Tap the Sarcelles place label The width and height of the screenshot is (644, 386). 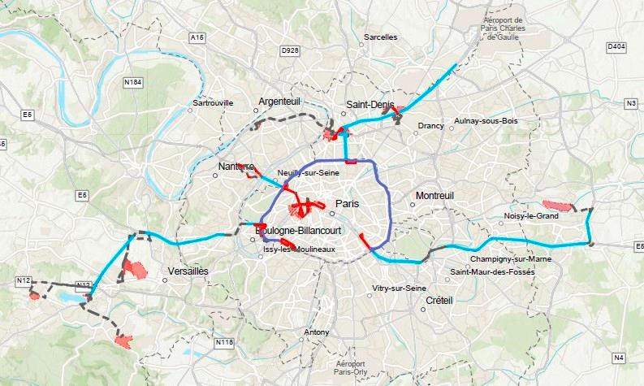point(381,37)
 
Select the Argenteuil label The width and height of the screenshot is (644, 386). point(279,101)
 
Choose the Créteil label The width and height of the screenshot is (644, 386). point(439,300)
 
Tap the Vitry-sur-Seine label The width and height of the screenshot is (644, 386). point(399,288)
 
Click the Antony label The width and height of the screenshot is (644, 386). point(317,332)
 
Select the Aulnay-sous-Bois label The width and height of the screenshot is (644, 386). point(486,120)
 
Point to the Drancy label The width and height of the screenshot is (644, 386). point(431,125)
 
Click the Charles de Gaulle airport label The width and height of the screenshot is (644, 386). point(505,28)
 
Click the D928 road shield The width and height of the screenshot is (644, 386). point(290,50)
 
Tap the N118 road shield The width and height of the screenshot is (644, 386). point(225,344)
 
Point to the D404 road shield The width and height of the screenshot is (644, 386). point(616,47)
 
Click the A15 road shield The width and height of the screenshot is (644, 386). point(197,37)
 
